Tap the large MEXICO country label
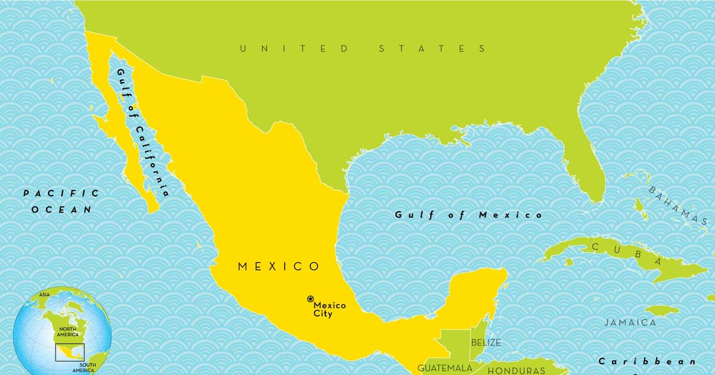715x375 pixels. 279,267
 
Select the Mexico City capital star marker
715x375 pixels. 310,298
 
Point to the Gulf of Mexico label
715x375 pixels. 468,215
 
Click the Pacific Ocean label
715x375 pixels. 61,201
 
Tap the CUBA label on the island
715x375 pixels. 625,252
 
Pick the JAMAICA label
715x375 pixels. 630,323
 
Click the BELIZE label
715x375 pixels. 486,343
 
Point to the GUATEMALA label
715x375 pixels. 444,368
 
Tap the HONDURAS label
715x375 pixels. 516,370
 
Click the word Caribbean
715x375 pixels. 646,361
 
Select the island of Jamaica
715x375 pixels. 661,310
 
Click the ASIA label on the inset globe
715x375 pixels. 43,295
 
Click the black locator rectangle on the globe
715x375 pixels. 70,352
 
